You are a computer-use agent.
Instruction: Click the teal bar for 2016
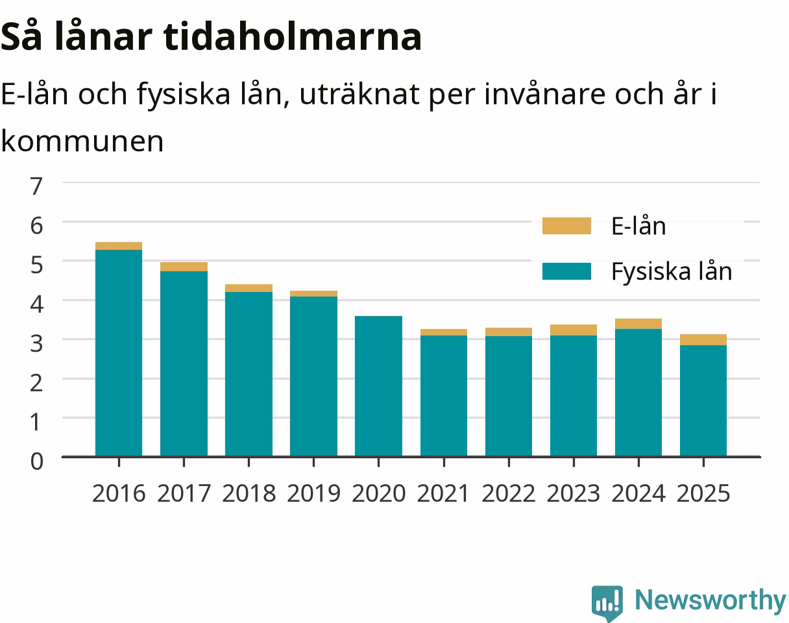coord(119,353)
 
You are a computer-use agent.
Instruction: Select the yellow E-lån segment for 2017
coord(184,267)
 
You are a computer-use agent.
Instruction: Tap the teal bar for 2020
coord(378,386)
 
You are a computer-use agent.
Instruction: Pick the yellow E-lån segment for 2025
coord(703,339)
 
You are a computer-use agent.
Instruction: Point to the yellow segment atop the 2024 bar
coord(638,324)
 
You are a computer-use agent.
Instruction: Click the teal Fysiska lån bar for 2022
coord(509,397)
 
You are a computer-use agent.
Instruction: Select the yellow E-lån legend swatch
coord(567,225)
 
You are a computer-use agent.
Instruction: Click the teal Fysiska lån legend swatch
coord(567,271)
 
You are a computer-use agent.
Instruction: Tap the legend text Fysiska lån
coord(672,272)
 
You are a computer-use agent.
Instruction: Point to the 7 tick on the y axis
coord(36,186)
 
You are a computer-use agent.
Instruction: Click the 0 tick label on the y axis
coord(37,461)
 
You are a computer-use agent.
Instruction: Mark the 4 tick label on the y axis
coord(37,304)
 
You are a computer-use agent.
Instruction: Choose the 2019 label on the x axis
coord(314,494)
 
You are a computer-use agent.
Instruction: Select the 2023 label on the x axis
coord(574,494)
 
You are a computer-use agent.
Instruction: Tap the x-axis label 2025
coord(703,494)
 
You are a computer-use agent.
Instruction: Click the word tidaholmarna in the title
coord(292,37)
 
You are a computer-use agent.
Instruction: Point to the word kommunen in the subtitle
coord(82,141)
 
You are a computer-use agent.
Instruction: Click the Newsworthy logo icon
coord(607,602)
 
